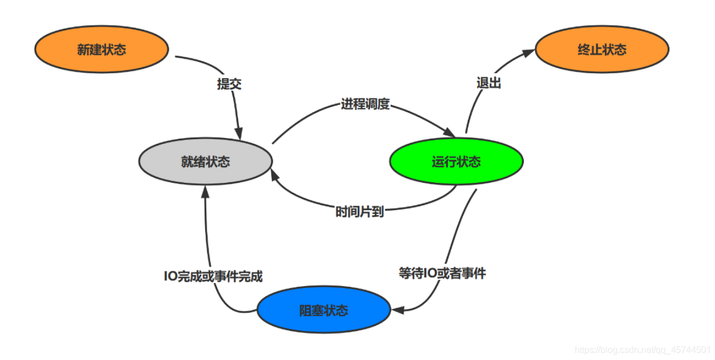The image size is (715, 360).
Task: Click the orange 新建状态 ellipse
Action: click(x=102, y=50)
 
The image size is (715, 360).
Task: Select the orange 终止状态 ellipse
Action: click(x=602, y=50)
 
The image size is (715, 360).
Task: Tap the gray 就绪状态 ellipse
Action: click(x=205, y=162)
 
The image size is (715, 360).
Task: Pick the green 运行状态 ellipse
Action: click(x=456, y=162)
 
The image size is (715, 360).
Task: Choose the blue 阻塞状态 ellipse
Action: click(x=323, y=310)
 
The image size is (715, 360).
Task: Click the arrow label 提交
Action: click(x=229, y=84)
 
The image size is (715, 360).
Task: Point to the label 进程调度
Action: click(x=365, y=104)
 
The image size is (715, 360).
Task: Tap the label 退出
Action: click(x=489, y=83)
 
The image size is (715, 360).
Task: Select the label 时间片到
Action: click(x=359, y=212)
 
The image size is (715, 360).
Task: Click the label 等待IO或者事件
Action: click(x=442, y=274)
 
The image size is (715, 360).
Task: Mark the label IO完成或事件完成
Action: click(x=213, y=276)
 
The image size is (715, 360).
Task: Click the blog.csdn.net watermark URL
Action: click(x=642, y=350)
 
